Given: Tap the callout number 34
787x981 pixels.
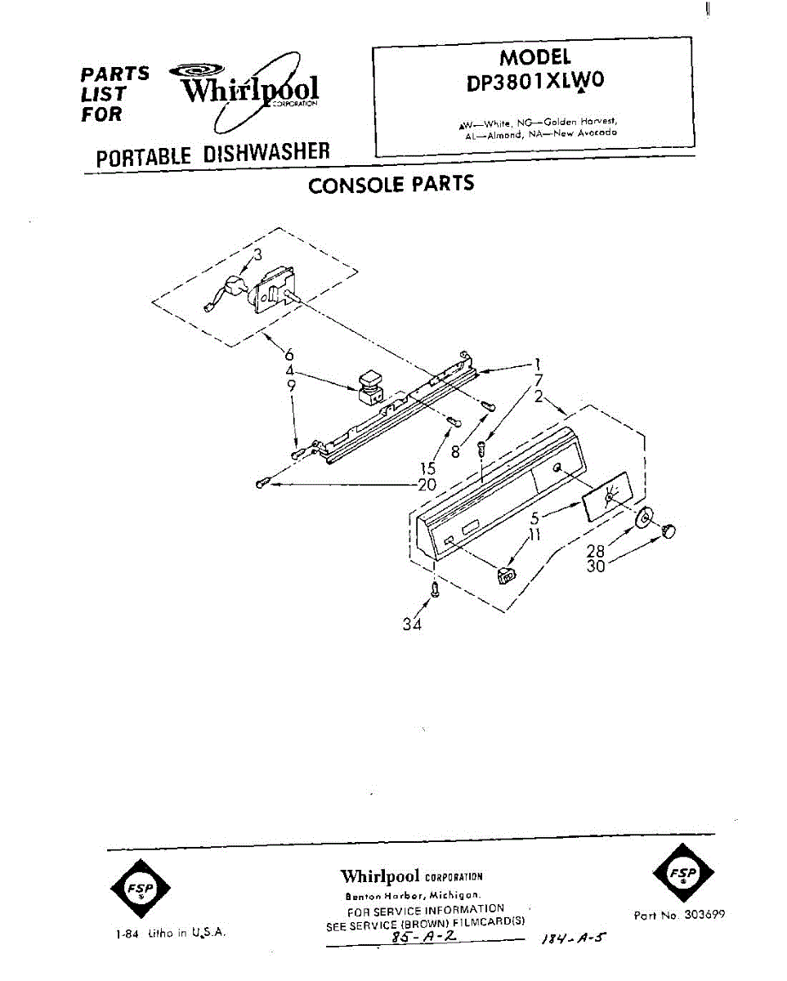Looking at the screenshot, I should click(x=412, y=625).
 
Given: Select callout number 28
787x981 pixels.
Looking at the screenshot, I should click(x=596, y=552).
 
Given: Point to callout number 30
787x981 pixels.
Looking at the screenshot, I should click(x=596, y=566).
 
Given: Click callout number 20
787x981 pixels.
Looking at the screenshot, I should click(x=427, y=485).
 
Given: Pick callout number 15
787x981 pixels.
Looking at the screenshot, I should click(x=428, y=468).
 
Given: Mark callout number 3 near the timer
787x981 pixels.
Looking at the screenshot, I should click(x=257, y=255).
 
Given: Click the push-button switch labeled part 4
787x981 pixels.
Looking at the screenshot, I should click(x=370, y=386).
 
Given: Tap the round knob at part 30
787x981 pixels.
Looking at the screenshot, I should click(x=668, y=531).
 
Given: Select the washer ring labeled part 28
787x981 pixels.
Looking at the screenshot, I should click(x=644, y=518).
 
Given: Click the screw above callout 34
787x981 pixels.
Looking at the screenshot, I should click(x=435, y=589).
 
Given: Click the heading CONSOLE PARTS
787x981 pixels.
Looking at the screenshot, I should click(x=391, y=184).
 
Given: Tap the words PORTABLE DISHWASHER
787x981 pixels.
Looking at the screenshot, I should click(x=212, y=154).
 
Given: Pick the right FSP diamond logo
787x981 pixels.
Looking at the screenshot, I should click(x=683, y=873).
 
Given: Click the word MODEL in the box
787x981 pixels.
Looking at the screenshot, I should click(x=535, y=57).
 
